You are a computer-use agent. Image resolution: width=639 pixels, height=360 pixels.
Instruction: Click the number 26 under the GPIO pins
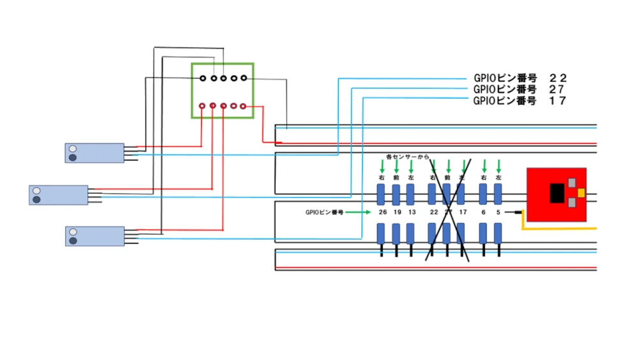(x=382, y=212)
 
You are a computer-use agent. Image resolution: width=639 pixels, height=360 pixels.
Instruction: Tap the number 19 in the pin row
(x=397, y=212)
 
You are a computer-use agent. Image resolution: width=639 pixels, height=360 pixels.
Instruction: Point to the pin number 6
(x=484, y=212)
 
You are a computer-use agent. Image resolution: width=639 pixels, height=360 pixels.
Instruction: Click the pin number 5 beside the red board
(x=498, y=212)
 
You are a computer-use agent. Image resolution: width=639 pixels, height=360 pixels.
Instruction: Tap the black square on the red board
(x=557, y=192)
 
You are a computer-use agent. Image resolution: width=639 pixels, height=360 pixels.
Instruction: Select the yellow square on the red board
(x=581, y=192)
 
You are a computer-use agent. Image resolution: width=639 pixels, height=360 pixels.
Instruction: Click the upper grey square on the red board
(x=571, y=182)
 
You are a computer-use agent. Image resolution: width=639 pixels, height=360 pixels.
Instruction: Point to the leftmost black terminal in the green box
(x=203, y=78)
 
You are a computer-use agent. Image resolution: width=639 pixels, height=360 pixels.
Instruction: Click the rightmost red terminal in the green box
(x=243, y=106)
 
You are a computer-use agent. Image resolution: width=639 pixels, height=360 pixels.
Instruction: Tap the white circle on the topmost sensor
(x=73, y=148)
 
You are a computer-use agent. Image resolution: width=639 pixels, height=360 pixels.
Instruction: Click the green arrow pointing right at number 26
(x=358, y=212)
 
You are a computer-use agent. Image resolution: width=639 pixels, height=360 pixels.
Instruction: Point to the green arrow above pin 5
(x=499, y=166)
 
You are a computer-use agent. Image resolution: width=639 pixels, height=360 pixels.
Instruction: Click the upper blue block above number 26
(x=381, y=194)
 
